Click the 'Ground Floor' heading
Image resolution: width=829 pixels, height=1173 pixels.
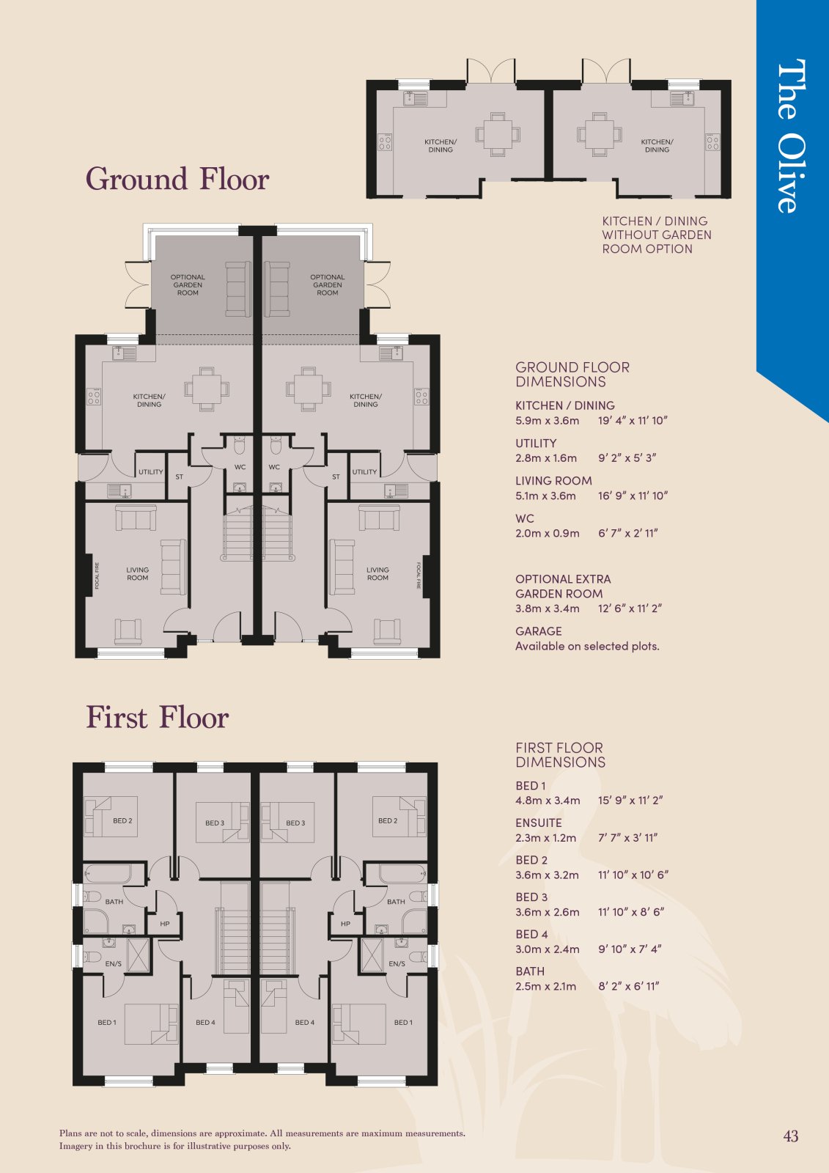(x=177, y=179)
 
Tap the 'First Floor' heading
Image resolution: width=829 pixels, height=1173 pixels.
(x=157, y=717)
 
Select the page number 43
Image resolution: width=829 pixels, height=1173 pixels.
(x=791, y=1136)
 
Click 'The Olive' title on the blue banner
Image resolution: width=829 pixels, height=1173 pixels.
(x=791, y=136)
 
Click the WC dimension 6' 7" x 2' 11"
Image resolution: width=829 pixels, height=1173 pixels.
(x=628, y=533)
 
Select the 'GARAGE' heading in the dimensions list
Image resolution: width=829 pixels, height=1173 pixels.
(x=538, y=631)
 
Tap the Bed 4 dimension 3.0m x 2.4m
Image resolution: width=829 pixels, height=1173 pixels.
(x=548, y=949)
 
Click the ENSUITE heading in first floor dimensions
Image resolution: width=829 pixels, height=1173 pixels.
(x=538, y=823)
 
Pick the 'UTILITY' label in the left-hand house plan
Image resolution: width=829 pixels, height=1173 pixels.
(x=151, y=472)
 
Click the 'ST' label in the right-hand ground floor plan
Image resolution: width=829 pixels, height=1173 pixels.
(x=336, y=477)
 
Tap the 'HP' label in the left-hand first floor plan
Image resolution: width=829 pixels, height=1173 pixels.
(x=165, y=924)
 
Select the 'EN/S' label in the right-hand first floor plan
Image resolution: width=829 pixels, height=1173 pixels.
(x=397, y=963)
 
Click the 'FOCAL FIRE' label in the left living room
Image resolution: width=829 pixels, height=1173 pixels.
(x=97, y=576)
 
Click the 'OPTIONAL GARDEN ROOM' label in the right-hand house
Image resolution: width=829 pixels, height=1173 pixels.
(x=328, y=285)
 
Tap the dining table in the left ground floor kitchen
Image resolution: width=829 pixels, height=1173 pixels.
(x=206, y=389)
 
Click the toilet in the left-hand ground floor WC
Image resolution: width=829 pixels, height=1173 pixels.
(x=240, y=446)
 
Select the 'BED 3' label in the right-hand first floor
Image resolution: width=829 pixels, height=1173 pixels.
(x=295, y=823)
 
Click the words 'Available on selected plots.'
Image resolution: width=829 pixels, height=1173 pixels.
(x=587, y=646)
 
